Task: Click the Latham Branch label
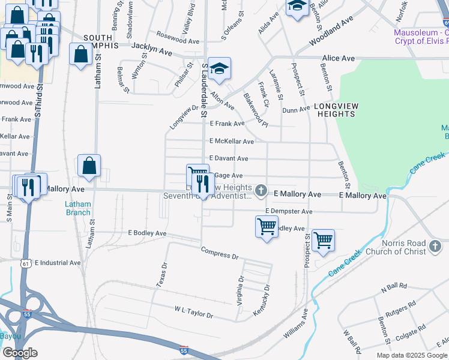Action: click(x=78, y=208)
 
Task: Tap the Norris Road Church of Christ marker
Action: click(x=436, y=246)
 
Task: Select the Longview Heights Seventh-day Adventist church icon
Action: click(x=261, y=191)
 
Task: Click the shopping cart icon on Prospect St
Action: click(x=323, y=241)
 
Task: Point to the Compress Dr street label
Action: click(x=219, y=253)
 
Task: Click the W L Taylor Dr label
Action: click(x=194, y=312)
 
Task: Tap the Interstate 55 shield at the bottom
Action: click(x=184, y=349)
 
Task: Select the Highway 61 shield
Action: click(x=24, y=263)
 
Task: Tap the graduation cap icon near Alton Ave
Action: click(x=220, y=68)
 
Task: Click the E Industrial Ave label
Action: click(x=58, y=263)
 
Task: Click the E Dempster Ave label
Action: click(x=289, y=212)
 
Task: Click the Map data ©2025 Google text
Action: click(x=412, y=355)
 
